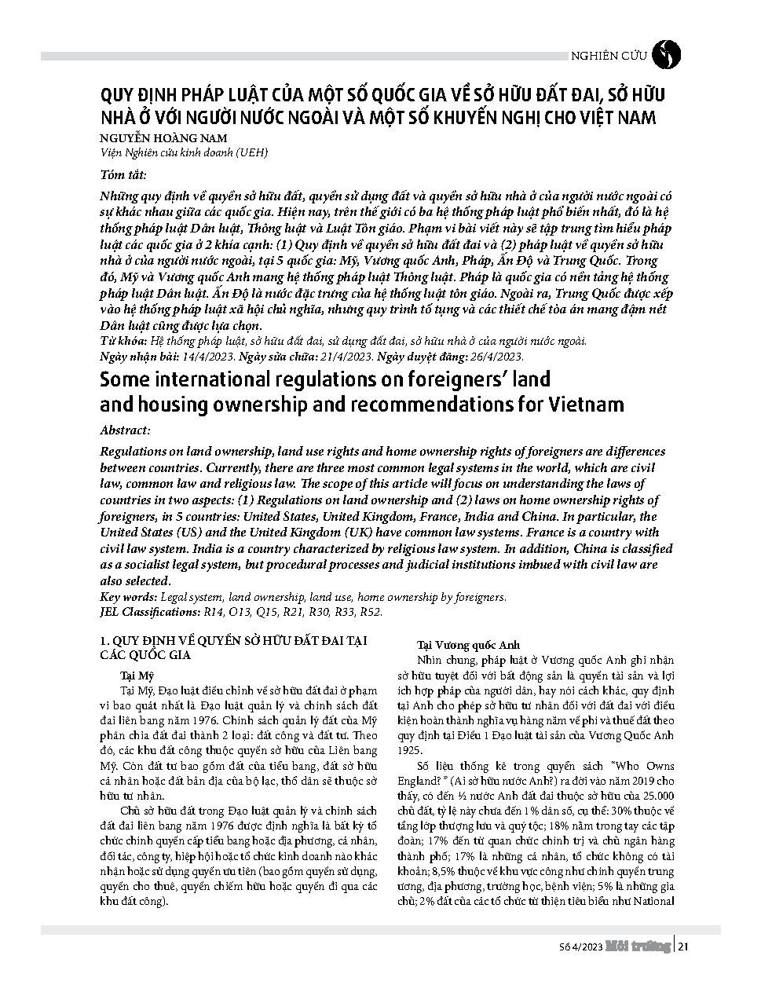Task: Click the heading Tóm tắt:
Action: click(123, 174)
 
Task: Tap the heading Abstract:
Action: click(125, 430)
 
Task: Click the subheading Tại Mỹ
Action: click(137, 675)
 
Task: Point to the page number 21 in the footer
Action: click(683, 947)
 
